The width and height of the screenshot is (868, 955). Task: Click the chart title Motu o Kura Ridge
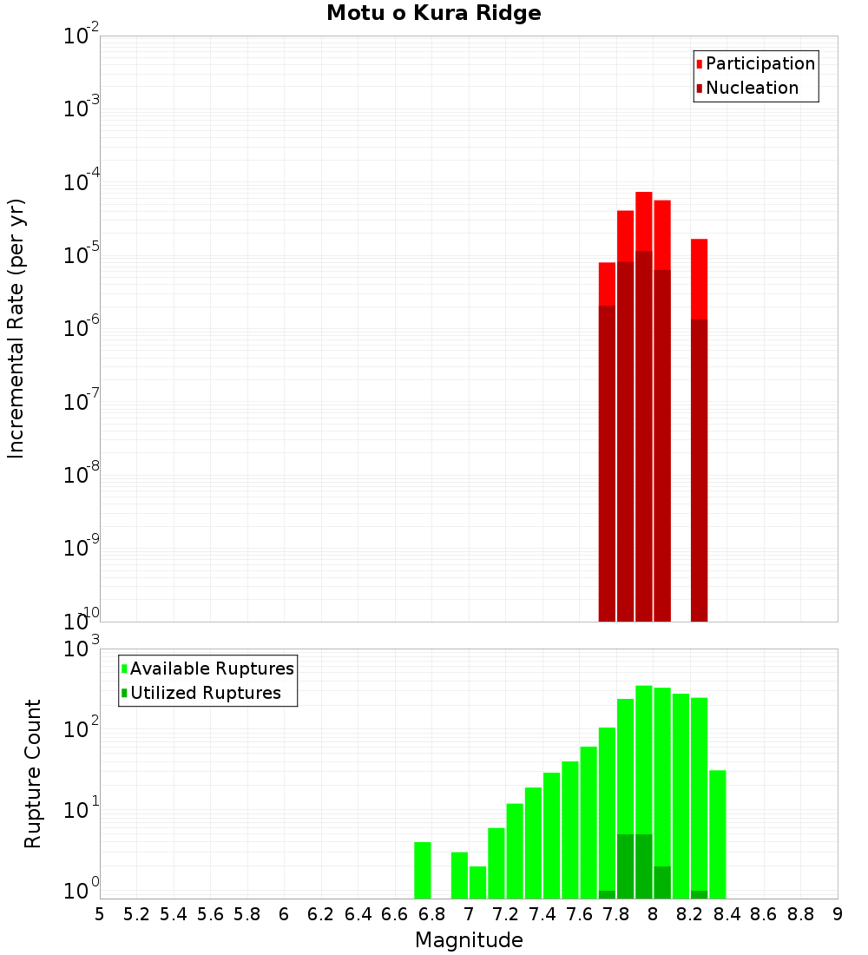tap(433, 13)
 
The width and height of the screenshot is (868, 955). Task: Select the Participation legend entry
tap(755, 63)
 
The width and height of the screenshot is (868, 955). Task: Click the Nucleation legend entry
tap(746, 88)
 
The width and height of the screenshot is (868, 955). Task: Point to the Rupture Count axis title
tap(33, 774)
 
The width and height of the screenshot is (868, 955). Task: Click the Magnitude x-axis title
tap(469, 940)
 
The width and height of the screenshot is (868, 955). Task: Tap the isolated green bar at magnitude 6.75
tap(423, 870)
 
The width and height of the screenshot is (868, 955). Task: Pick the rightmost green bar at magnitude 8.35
tap(718, 833)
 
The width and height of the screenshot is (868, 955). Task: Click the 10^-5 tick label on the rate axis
tap(82, 254)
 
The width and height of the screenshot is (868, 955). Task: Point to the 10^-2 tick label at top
tap(82, 36)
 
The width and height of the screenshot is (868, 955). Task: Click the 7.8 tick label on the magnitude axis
tap(616, 914)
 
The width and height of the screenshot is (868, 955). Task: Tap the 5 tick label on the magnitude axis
tap(100, 914)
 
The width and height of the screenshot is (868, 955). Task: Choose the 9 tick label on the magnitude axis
tap(838, 914)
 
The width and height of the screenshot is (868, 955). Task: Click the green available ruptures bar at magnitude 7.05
tap(478, 882)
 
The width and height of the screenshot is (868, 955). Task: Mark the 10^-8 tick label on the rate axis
tap(82, 474)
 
